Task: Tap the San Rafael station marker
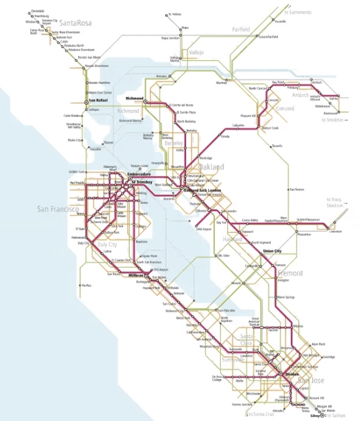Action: pyautogui.click(x=85, y=101)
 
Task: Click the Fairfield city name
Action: pyautogui.click(x=242, y=30)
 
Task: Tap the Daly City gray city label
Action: pyautogui.click(x=107, y=245)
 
